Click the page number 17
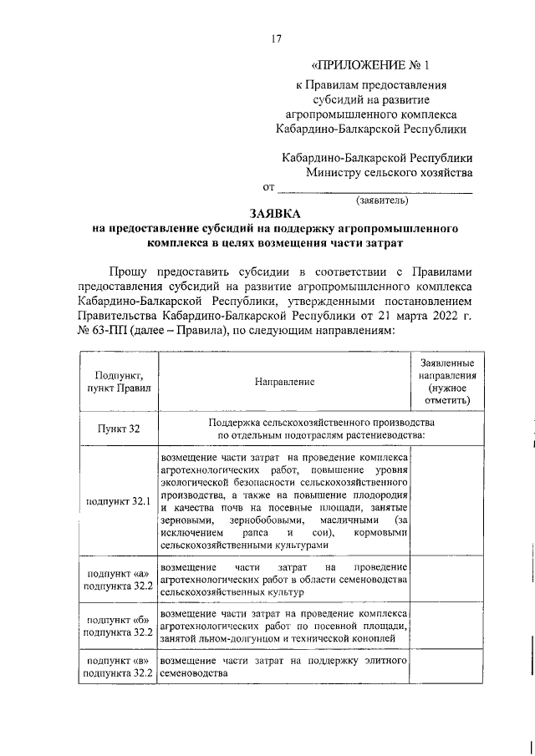pos(276,38)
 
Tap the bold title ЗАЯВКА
pos(276,214)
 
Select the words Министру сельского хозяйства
pos(389,173)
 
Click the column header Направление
pos(285,382)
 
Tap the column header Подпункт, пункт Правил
pos(120,382)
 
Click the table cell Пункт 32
pos(120,429)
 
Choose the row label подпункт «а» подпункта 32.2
pos(120,580)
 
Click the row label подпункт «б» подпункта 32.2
pos(120,627)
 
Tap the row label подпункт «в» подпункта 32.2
pos(120,667)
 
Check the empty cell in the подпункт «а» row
pos(447,580)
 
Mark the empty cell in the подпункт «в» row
pos(447,667)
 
